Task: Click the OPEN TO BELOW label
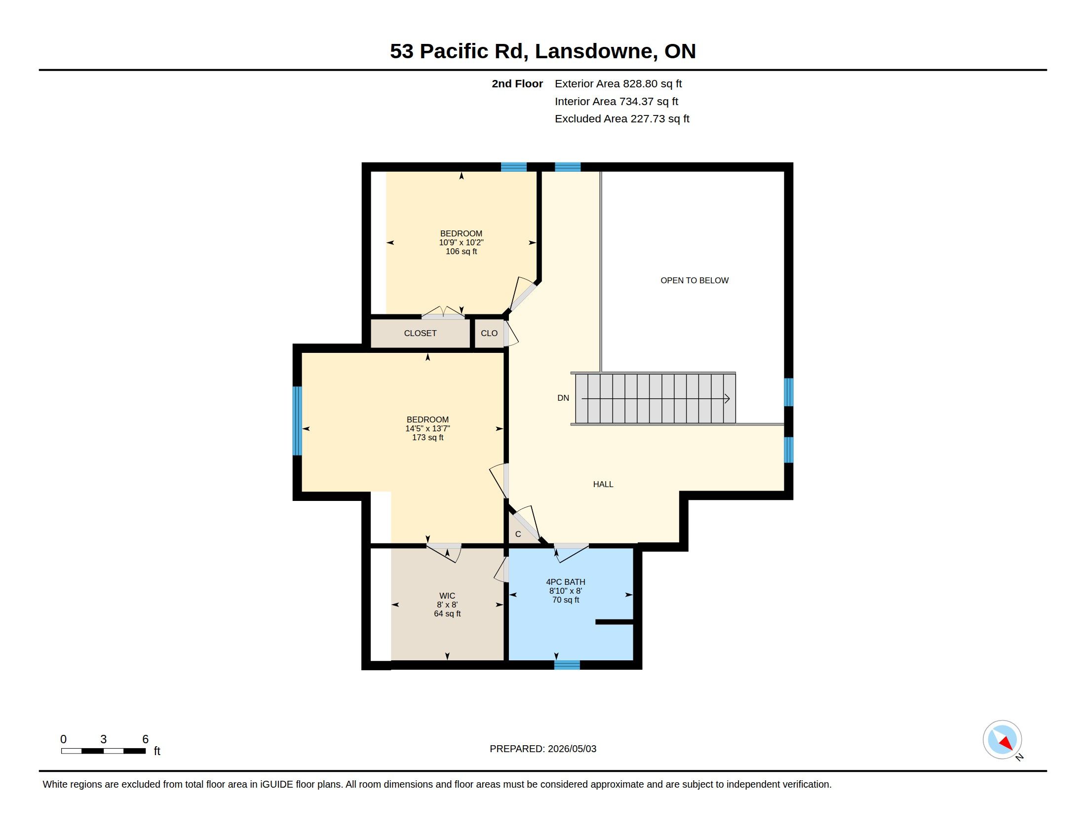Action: [x=694, y=280]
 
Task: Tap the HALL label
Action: [x=603, y=484]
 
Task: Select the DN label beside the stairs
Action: [x=563, y=398]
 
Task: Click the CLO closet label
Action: [x=489, y=333]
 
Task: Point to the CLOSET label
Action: [x=420, y=333]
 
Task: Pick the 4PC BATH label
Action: [x=565, y=581]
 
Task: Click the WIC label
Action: [x=447, y=596]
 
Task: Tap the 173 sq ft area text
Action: [x=427, y=437]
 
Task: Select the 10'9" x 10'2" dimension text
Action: [x=461, y=242]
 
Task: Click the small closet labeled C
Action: [x=518, y=534]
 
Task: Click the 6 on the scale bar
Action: [x=145, y=739]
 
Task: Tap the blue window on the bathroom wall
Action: [x=567, y=665]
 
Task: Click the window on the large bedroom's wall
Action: [x=297, y=421]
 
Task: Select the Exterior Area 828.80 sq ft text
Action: [x=618, y=83]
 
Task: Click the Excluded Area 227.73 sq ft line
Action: [x=622, y=119]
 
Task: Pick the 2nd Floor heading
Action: [x=517, y=83]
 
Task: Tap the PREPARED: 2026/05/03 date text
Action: [x=543, y=749]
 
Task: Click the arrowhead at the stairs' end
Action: [x=727, y=398]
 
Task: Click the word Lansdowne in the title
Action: [x=594, y=51]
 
